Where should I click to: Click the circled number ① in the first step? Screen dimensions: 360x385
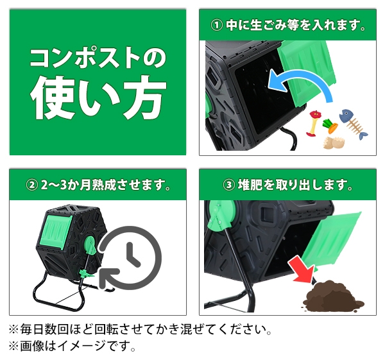218,27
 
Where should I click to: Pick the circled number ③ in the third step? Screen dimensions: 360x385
228,186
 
